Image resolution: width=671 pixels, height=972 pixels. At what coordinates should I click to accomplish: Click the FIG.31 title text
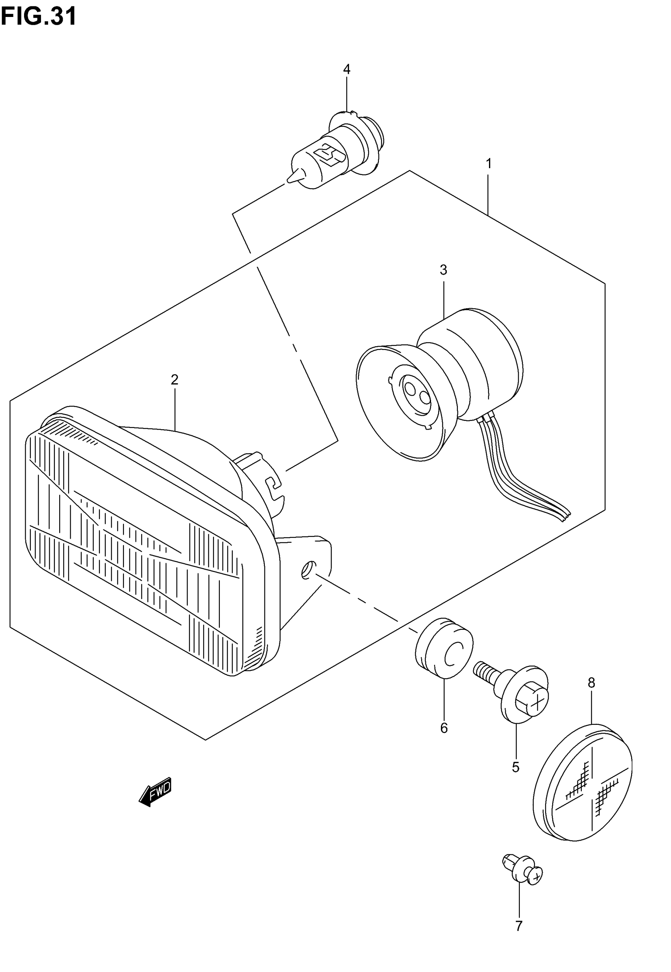click(x=39, y=17)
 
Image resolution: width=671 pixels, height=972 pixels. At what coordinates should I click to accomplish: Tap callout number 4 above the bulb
click(x=347, y=69)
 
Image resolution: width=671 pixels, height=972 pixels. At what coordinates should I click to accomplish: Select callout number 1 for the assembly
click(x=489, y=163)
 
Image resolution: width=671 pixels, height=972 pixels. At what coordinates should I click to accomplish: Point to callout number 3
click(x=443, y=270)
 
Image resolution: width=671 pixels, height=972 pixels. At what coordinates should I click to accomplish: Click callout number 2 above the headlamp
click(x=174, y=380)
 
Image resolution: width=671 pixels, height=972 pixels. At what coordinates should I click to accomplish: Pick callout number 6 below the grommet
click(x=444, y=728)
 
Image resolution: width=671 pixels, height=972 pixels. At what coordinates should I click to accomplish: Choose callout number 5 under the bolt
click(x=516, y=767)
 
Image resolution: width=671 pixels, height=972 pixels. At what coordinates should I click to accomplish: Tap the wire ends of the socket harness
click(x=566, y=515)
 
